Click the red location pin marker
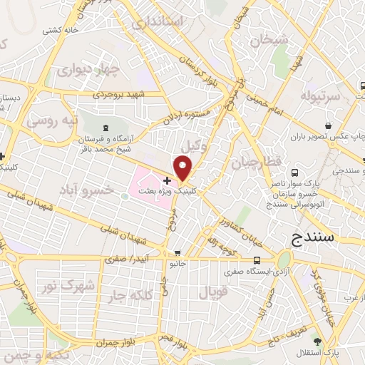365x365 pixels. pyautogui.click(x=183, y=168)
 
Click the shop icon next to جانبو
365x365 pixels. pyautogui.click(x=178, y=254)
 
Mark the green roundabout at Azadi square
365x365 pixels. pyautogui.click(x=284, y=259)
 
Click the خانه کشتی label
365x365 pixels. pyautogui.click(x=58, y=31)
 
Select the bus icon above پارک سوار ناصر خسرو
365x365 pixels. pyautogui.click(x=295, y=172)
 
